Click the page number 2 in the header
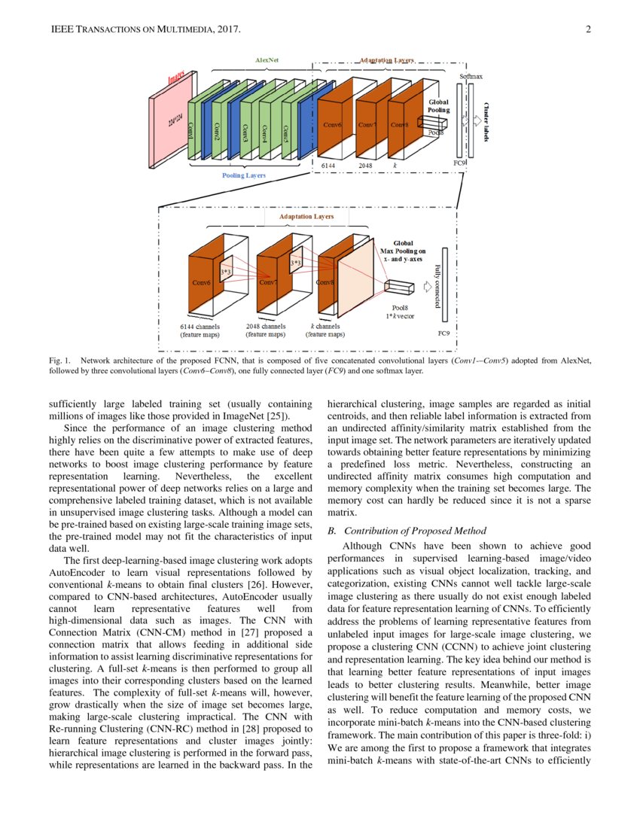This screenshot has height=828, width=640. [587, 30]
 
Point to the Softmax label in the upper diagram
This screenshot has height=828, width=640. [471, 76]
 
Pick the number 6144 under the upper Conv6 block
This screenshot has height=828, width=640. [328, 164]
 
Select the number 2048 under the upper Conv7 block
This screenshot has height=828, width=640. [365, 164]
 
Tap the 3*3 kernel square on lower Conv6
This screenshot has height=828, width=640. [225, 269]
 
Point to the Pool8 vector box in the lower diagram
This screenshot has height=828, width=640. [399, 287]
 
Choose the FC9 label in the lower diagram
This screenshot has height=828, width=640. [444, 330]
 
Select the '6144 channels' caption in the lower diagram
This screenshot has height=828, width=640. [200, 327]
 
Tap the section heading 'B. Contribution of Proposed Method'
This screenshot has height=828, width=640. [407, 531]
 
